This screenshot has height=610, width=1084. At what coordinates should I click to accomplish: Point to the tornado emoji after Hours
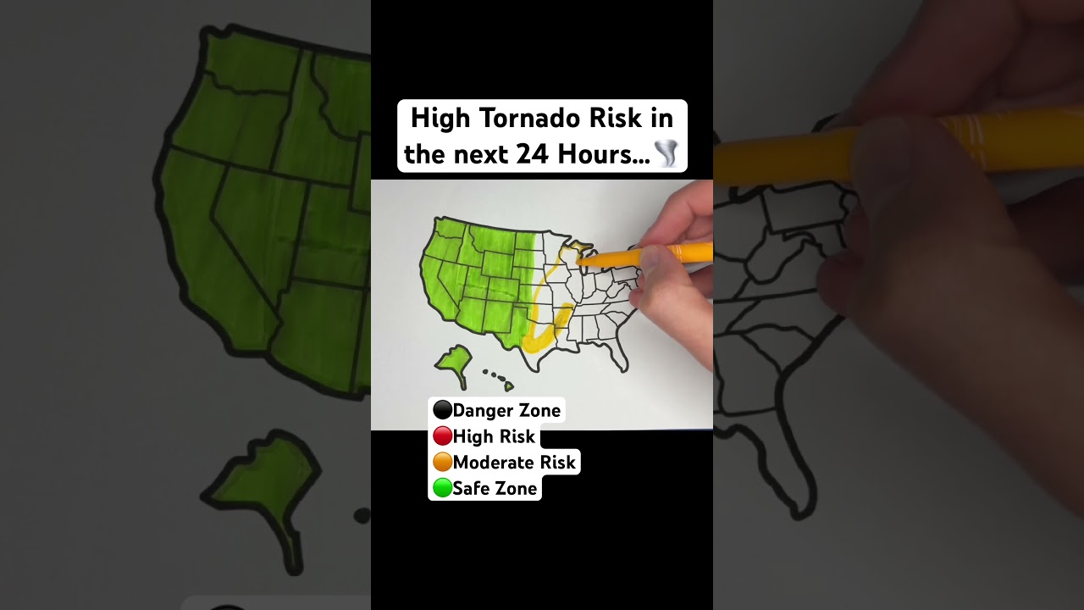[666, 154]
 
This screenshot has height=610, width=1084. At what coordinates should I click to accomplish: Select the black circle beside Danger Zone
[442, 411]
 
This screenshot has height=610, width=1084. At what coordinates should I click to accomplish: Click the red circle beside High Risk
[442, 437]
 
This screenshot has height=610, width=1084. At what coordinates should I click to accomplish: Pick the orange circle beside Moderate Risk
[442, 463]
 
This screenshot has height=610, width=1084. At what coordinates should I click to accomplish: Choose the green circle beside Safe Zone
[442, 488]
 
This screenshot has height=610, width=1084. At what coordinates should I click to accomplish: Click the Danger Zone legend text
[506, 411]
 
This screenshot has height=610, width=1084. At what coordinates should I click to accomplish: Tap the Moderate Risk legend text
[514, 463]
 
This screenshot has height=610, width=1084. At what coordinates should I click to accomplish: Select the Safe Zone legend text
[495, 489]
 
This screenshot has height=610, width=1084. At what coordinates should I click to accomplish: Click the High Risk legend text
[494, 437]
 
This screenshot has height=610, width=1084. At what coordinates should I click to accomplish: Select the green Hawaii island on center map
[509, 387]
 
